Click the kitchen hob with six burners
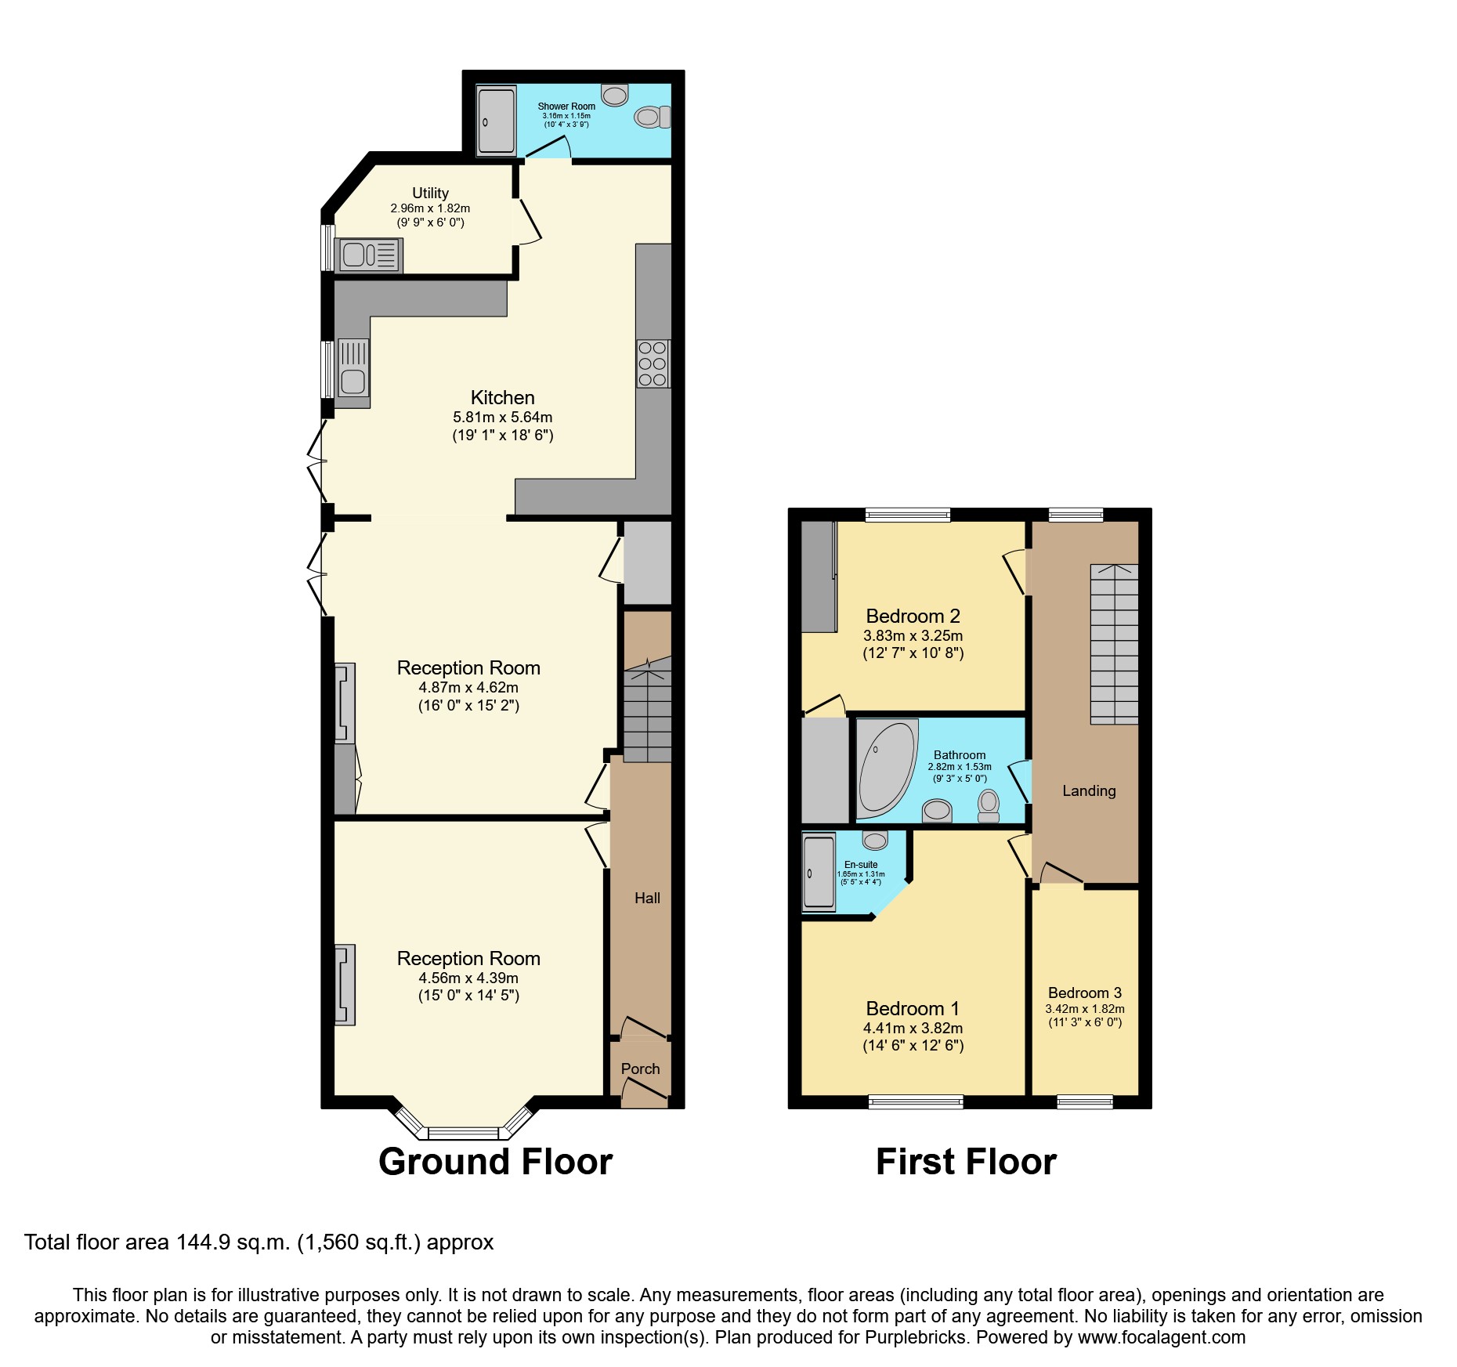(653, 363)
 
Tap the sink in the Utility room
(368, 256)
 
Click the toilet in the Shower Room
(653, 118)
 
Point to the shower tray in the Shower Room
(496, 120)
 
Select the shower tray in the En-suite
(819, 873)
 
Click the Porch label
(640, 1069)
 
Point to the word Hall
(647, 899)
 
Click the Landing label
(1088, 791)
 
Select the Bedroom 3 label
(1084, 993)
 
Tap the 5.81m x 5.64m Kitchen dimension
(502, 418)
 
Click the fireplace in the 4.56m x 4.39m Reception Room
(345, 985)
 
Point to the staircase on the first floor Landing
(1114, 644)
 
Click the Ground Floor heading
(495, 1162)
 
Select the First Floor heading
(965, 1162)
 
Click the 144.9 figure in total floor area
(202, 1242)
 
